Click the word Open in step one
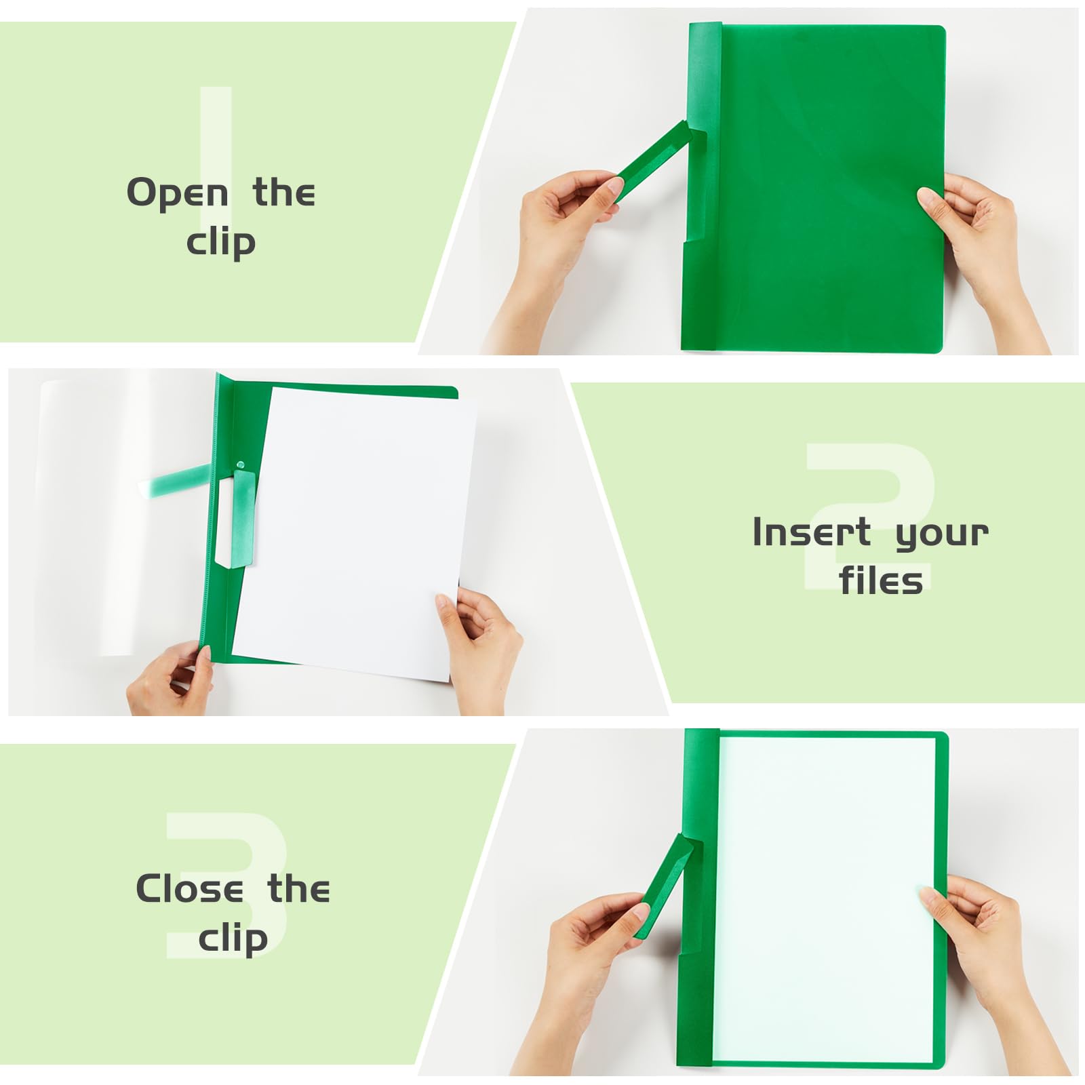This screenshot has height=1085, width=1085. point(177,194)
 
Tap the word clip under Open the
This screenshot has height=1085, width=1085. point(221,242)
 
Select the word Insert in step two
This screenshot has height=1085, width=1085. point(812,532)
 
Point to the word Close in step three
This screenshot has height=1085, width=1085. point(189,888)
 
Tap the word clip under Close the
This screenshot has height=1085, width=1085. point(233,939)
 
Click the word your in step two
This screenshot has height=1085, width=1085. point(942,535)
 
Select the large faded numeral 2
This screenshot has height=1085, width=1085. point(871,515)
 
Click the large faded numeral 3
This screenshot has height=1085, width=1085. point(226,885)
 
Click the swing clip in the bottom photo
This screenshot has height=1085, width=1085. point(664,885)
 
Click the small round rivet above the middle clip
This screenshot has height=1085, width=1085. point(240,465)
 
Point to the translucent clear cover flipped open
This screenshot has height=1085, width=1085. point(125,515)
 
